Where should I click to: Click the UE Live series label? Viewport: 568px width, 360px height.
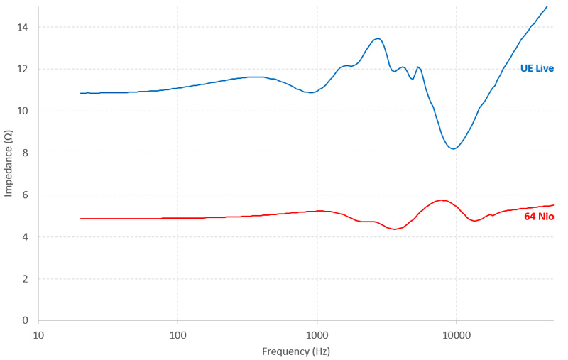coord(536,69)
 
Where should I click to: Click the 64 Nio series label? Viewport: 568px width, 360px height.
coord(539,216)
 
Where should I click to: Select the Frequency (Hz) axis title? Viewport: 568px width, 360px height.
coord(295,351)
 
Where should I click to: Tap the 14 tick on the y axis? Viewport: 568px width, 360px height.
coord(25,28)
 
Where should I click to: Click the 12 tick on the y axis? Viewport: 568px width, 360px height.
coord(25,70)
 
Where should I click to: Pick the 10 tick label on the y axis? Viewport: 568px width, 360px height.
coord(25,111)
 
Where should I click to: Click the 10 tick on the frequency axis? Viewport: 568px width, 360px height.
coord(39,334)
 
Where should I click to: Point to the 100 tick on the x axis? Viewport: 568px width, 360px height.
coord(177,334)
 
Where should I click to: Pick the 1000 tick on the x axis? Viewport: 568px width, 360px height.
coord(317,334)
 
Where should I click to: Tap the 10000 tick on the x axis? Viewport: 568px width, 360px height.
coord(456,334)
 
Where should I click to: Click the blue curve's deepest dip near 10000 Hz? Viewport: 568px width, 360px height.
coord(454,148)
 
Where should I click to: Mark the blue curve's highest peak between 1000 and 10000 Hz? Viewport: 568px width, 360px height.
coord(378,38)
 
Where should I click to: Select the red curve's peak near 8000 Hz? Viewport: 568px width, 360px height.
coord(442,200)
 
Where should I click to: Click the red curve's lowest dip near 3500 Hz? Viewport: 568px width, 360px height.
coord(394,229)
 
